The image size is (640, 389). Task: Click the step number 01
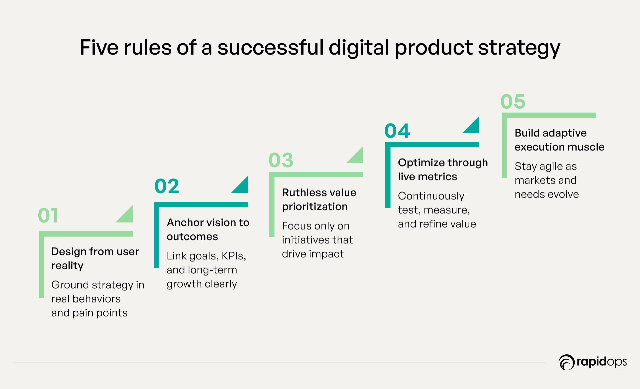click(48, 215)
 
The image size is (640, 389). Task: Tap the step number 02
click(167, 186)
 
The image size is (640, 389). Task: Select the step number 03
click(281, 160)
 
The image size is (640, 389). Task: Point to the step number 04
click(397, 131)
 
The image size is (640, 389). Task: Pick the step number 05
click(513, 101)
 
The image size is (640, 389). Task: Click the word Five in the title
click(99, 47)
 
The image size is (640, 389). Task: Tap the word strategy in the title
click(519, 49)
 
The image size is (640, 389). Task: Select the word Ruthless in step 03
click(303, 193)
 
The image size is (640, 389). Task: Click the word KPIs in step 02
click(234, 256)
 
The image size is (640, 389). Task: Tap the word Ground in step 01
click(70, 285)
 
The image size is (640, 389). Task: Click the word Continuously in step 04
click(431, 196)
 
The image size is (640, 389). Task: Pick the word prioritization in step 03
click(315, 207)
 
